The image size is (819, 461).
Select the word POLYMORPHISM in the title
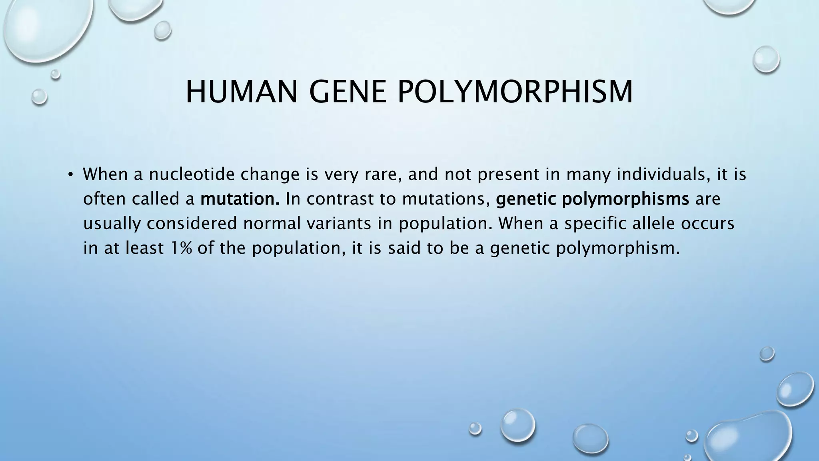point(515,92)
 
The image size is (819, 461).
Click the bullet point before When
point(70,174)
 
